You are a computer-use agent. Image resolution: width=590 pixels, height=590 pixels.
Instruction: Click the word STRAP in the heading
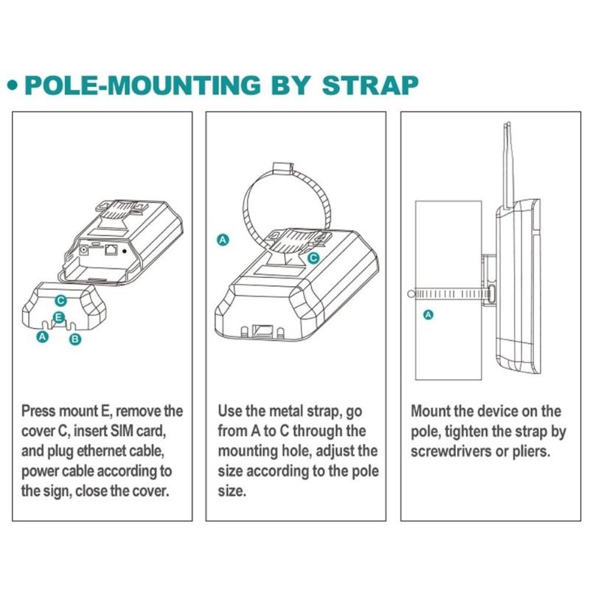point(370,85)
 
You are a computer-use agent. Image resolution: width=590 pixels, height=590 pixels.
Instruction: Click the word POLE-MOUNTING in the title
point(142,85)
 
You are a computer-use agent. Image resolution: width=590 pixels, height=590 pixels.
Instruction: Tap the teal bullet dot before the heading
point(13,86)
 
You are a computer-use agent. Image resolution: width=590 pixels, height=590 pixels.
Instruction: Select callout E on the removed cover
point(59,317)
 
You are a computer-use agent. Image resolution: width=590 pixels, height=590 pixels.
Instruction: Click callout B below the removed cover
point(75,339)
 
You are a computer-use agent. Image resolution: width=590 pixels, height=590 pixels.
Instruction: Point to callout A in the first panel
point(43,336)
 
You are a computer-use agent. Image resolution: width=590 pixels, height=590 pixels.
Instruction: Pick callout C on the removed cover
point(60,301)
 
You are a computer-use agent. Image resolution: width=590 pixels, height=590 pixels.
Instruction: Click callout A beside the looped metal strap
point(223,240)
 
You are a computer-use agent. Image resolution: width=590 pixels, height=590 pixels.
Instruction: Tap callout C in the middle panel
point(313,258)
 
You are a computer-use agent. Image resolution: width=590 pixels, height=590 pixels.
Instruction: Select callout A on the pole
point(428,315)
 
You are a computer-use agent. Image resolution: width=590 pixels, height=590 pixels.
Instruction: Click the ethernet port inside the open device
point(111,249)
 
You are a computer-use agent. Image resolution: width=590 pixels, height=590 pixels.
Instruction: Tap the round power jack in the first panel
point(83,249)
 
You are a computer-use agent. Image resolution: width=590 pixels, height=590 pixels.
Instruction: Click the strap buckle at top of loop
point(282,169)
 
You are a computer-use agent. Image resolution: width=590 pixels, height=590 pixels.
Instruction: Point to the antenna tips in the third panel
point(507,124)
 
